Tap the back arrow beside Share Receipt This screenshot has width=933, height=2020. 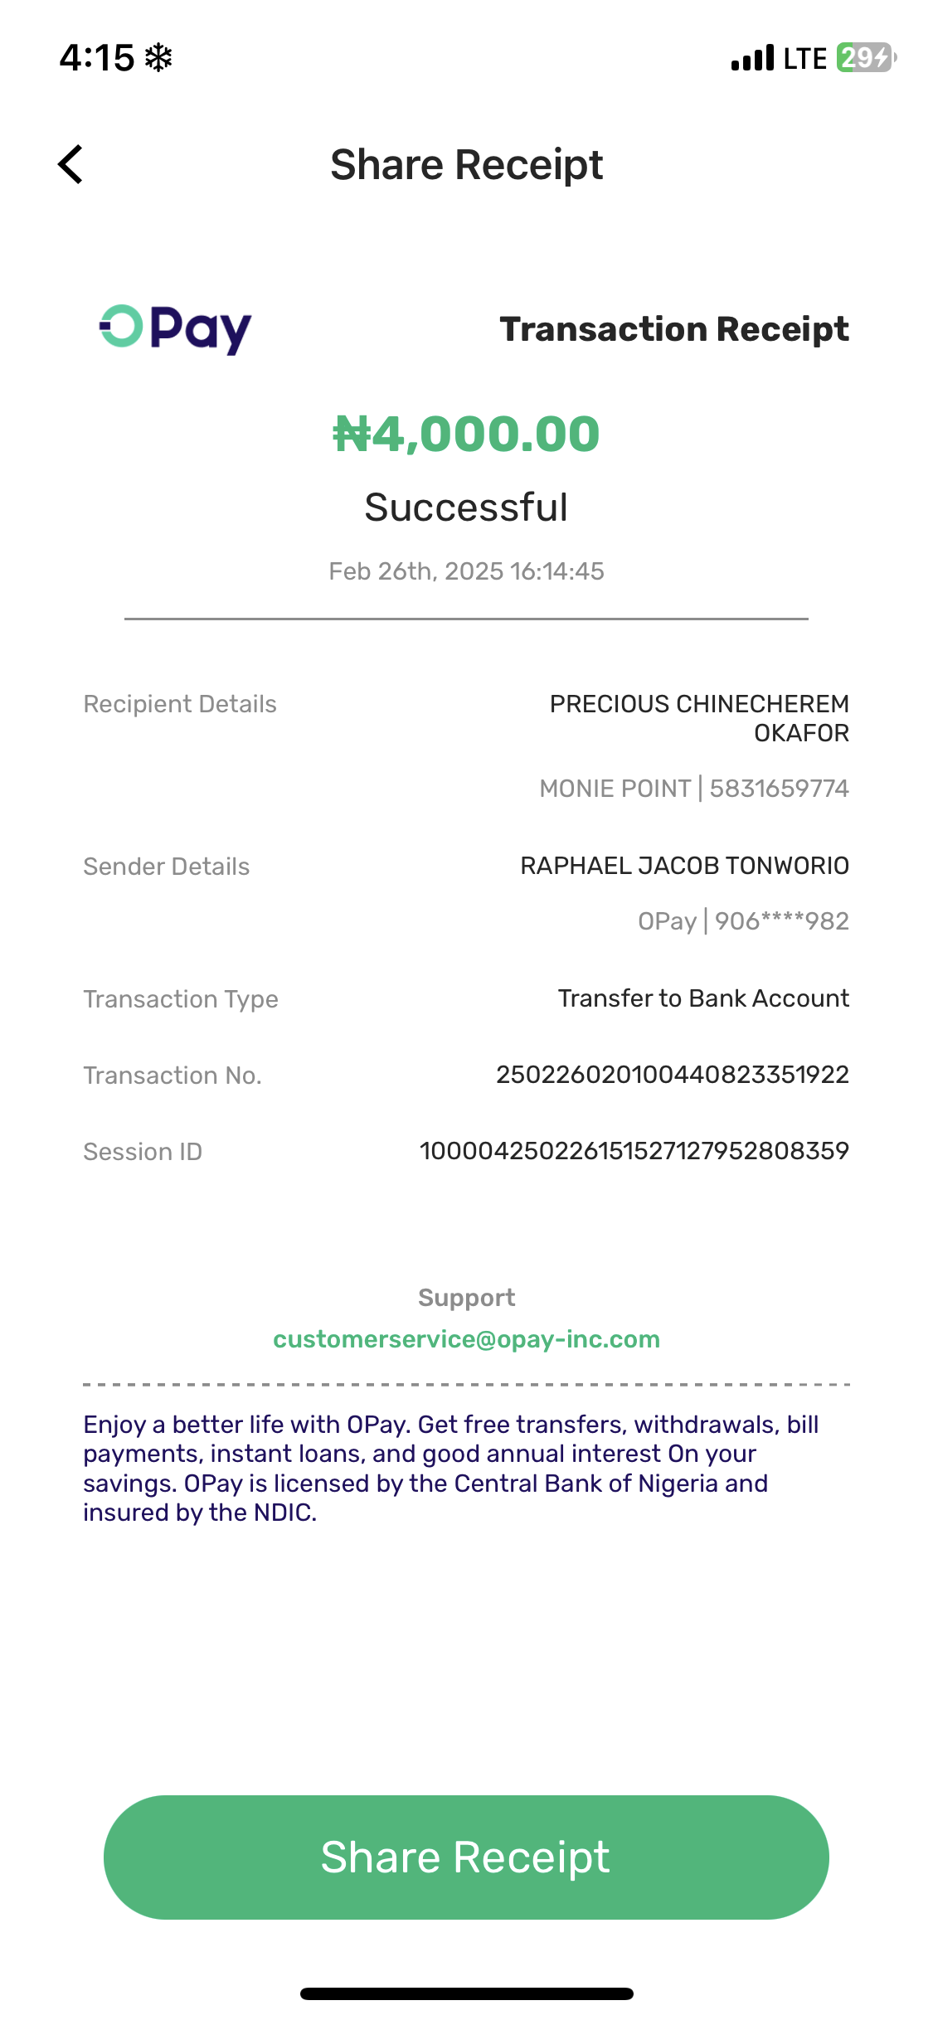71,164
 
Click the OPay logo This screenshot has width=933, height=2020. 175,329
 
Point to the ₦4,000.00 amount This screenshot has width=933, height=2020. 466,434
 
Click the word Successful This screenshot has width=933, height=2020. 466,507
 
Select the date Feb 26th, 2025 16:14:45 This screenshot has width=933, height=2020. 466,571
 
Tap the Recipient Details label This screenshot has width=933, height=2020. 180,704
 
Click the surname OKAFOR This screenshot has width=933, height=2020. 801,733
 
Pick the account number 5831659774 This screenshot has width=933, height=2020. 779,789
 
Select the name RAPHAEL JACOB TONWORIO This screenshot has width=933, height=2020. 684,866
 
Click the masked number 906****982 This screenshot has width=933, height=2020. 781,921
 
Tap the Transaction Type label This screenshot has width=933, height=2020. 181,999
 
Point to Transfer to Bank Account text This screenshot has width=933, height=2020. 703,998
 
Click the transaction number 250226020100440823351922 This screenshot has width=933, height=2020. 672,1075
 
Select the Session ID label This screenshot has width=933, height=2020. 143,1152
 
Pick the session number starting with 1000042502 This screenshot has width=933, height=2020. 634,1151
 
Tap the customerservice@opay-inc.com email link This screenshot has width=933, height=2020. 466,1339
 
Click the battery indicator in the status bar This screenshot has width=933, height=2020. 865,58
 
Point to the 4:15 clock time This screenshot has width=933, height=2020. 97,58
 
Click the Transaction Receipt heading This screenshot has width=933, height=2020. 673,329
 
